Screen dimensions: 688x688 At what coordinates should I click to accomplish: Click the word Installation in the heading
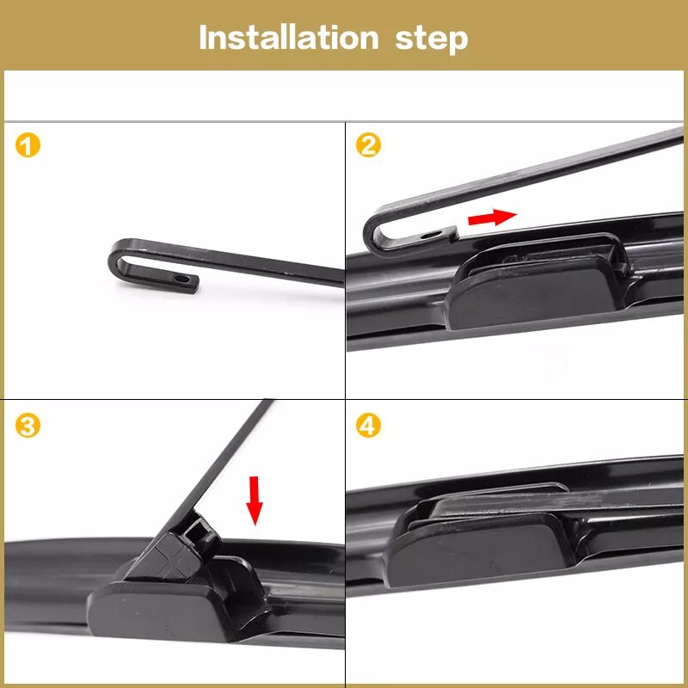click(289, 38)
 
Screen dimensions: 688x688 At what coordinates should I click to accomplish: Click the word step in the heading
click(432, 40)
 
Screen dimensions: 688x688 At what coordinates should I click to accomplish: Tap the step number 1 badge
click(28, 145)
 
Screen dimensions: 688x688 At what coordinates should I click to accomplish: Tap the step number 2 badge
click(368, 145)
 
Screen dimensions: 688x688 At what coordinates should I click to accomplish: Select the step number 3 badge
click(28, 426)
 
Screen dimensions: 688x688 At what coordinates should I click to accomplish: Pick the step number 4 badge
click(368, 426)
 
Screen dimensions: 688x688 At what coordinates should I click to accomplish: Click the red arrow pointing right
click(492, 218)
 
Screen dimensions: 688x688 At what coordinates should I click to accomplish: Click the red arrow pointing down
click(254, 501)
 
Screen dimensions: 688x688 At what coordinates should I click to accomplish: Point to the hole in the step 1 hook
click(181, 279)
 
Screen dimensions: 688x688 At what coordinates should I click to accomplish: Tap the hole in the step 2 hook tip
click(429, 235)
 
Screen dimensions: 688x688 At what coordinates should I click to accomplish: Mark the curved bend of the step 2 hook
click(372, 232)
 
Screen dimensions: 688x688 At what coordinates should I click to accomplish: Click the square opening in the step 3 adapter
click(196, 530)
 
